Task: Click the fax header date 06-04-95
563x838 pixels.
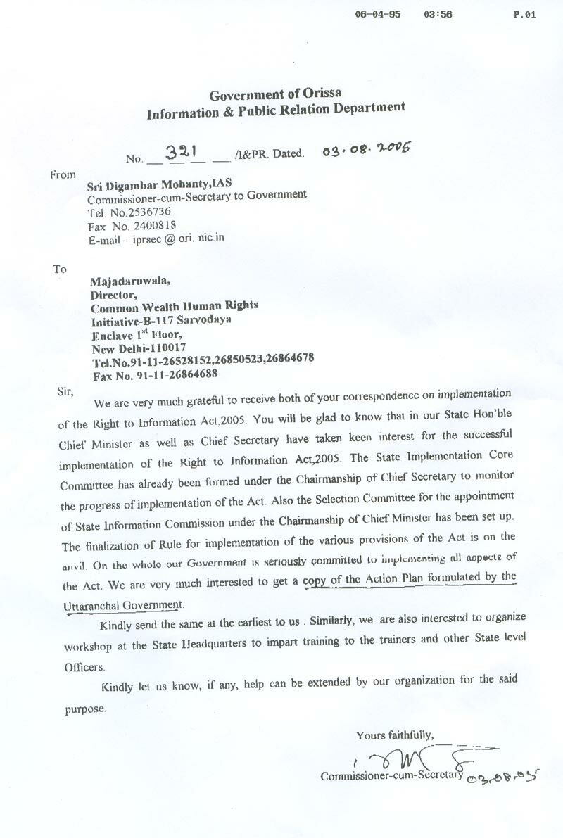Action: (379, 14)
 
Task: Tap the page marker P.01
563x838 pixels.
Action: (525, 14)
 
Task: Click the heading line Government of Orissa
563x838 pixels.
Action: (276, 94)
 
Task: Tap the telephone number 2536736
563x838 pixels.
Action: (144, 211)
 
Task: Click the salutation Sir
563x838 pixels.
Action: (65, 391)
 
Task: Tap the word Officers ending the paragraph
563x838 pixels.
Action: (84, 666)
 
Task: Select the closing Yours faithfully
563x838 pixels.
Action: (394, 736)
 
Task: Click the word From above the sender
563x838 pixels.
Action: (63, 174)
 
